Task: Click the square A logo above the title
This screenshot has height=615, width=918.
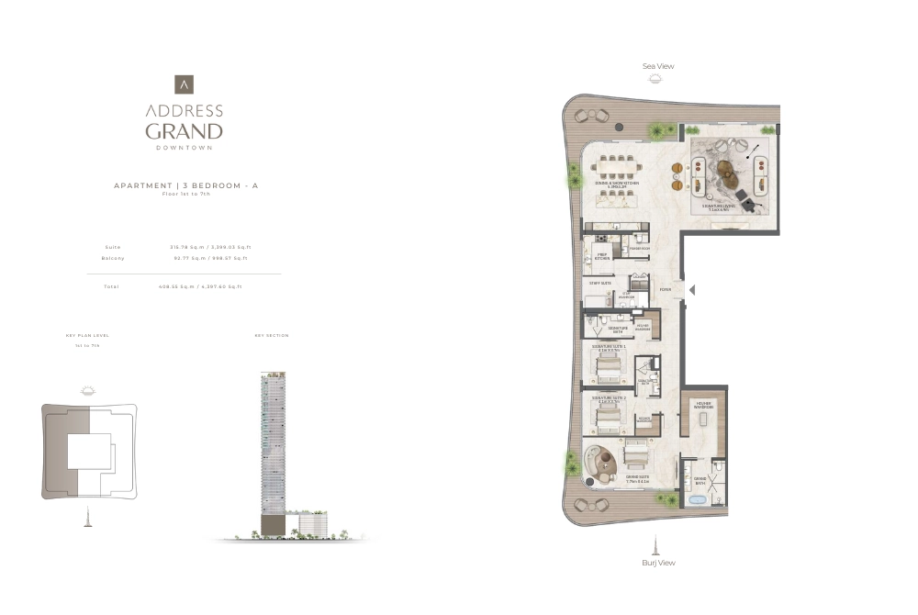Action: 184,84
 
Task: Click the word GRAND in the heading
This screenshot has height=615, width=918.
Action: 184,130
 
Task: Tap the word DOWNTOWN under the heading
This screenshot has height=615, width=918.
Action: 184,148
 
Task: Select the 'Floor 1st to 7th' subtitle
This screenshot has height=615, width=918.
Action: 185,194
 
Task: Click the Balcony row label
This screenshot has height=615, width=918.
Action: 113,258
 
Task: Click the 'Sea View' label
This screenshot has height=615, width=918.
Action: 658,66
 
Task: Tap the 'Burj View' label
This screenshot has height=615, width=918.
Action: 658,563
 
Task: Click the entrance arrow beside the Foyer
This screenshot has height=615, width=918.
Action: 692,290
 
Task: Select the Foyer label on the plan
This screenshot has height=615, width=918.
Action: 665,290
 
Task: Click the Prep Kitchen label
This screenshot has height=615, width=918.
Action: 603,258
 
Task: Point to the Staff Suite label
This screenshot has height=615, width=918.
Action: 600,284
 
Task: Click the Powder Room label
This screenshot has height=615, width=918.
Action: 639,249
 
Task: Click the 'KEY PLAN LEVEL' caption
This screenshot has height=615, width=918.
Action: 87,336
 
